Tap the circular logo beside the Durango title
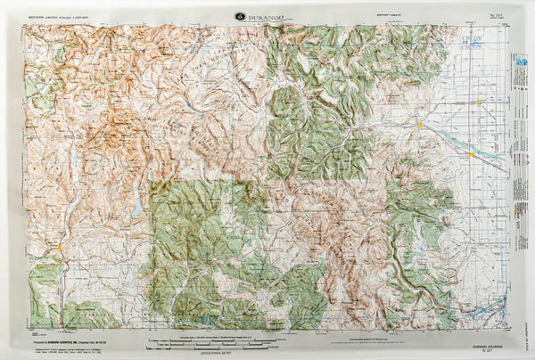pos(240,15)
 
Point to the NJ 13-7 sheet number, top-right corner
pos(488,16)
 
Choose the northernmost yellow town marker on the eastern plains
pos(481,102)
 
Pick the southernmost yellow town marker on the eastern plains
pos(471,154)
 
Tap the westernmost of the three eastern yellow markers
pos(420,126)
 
